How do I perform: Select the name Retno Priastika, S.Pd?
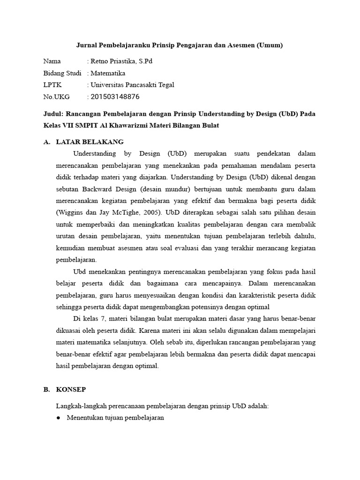[121, 61]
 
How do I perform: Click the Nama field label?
[52, 61]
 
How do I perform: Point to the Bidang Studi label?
[62, 73]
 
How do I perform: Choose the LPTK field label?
[52, 85]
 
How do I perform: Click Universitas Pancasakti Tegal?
[132, 85]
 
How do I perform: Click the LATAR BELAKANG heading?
[90, 142]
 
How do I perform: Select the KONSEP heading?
[71, 390]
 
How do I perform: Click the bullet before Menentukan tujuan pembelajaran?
[59, 418]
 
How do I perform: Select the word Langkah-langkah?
[79, 406]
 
